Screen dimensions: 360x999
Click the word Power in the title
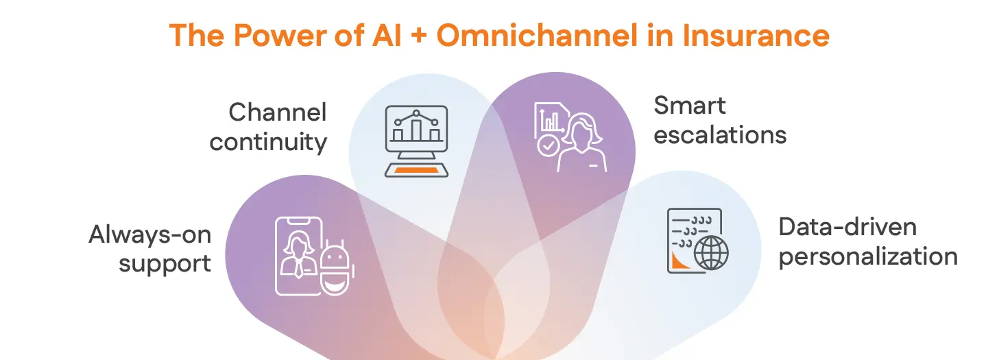pos(260,35)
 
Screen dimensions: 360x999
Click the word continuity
pos(268,142)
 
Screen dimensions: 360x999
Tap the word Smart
pos(689,106)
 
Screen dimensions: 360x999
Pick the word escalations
pos(719,135)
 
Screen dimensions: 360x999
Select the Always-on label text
pos(150,235)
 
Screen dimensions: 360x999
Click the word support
pos(165,264)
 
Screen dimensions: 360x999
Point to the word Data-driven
pos(847,227)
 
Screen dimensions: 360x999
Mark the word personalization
pos(868,257)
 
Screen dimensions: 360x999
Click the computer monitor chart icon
pos(416,130)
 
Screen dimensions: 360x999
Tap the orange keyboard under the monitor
pos(416,169)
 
